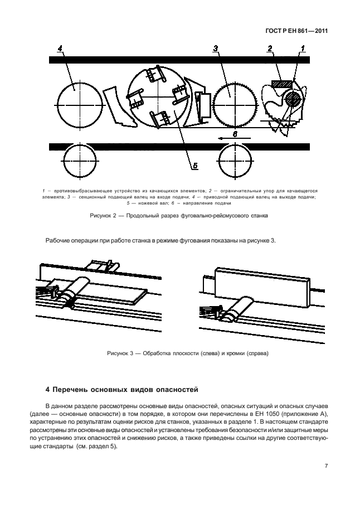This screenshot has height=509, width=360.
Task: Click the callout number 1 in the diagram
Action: coord(303,50)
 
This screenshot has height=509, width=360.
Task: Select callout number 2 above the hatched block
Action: coord(270,50)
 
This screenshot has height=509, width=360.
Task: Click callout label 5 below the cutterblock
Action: coord(195,165)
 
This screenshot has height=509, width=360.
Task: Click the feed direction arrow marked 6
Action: coord(234,137)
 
